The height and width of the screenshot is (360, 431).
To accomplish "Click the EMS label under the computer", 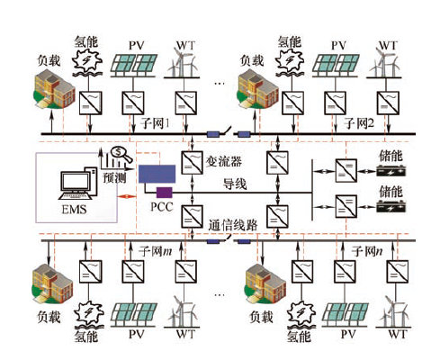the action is pyautogui.click(x=74, y=209).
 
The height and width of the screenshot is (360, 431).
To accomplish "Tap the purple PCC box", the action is pyautogui.click(x=164, y=193).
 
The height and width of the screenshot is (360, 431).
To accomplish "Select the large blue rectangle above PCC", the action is pyautogui.click(x=157, y=174).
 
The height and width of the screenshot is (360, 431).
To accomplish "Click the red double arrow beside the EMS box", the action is pyautogui.click(x=127, y=197).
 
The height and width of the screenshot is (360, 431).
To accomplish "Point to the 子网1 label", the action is pyautogui.click(x=156, y=123).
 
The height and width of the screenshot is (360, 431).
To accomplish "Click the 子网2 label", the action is pyautogui.click(x=359, y=123).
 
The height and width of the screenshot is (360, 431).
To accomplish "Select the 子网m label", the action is pyautogui.click(x=156, y=251).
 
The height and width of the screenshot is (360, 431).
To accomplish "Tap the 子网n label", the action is pyautogui.click(x=367, y=251).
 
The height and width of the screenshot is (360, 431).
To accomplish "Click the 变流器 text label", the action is pyautogui.click(x=224, y=162).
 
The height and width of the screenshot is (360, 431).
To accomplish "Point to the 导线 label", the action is pyautogui.click(x=235, y=184).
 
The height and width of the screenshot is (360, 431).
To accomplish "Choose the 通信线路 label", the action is pyautogui.click(x=233, y=225).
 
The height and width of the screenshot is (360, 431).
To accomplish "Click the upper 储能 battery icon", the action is pyautogui.click(x=391, y=171).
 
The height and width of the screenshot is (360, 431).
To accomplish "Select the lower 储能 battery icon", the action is pyautogui.click(x=391, y=207).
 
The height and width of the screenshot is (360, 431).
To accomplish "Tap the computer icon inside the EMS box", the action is pyautogui.click(x=78, y=184).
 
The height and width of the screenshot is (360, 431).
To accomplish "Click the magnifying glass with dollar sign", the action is pyautogui.click(x=121, y=154).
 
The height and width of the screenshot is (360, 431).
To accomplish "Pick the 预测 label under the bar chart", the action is pyautogui.click(x=114, y=177).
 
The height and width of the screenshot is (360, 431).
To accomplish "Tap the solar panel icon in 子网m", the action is pyautogui.click(x=134, y=315).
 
